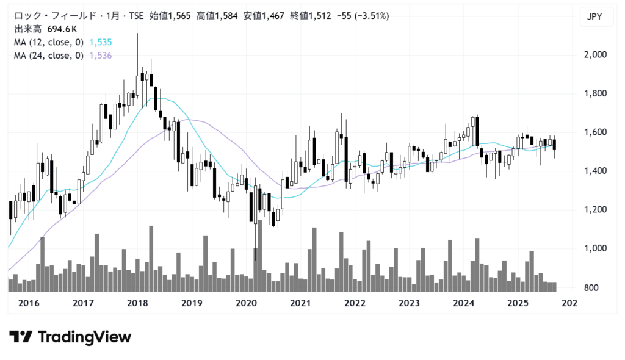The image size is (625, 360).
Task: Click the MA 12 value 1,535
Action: (x=100, y=42)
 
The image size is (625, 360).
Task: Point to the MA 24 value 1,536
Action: (x=100, y=56)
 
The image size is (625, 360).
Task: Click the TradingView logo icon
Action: (x=21, y=337)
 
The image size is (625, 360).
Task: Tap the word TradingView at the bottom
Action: (x=84, y=337)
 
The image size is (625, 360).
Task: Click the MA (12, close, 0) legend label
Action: (x=48, y=42)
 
